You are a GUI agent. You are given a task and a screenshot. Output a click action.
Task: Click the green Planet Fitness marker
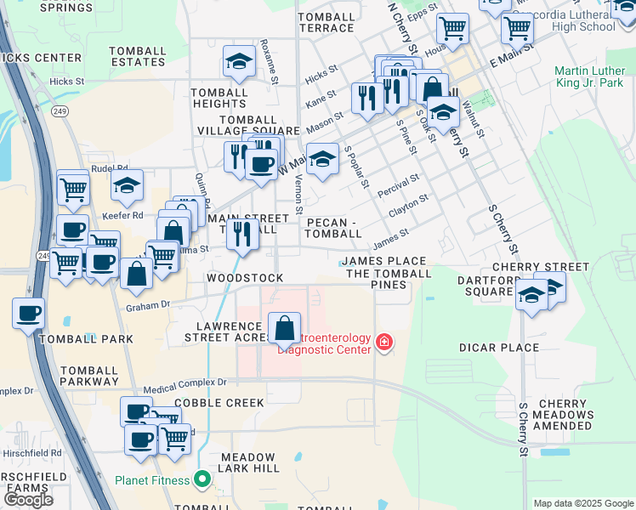[202, 479]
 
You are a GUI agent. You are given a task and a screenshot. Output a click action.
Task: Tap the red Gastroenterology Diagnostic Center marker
[384, 343]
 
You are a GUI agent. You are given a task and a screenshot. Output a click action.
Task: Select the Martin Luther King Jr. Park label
[589, 77]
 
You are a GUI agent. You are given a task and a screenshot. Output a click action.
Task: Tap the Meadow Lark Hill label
[249, 462]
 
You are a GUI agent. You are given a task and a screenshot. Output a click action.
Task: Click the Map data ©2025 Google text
[583, 503]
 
